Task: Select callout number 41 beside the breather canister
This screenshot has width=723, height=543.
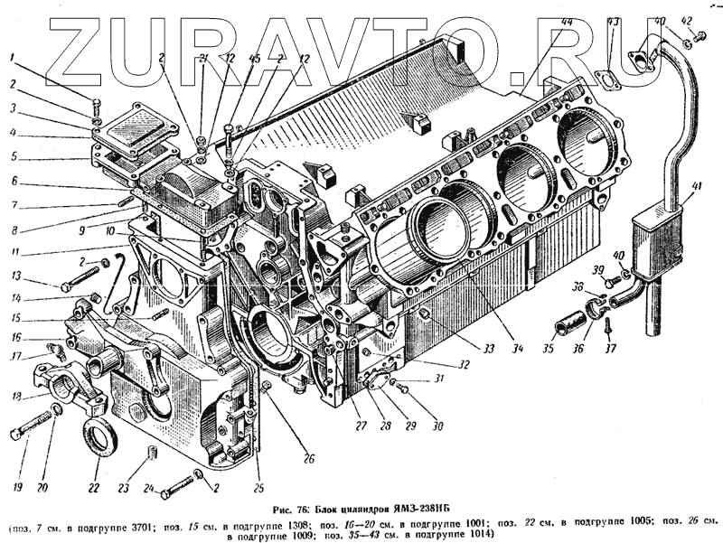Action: pyautogui.click(x=694, y=187)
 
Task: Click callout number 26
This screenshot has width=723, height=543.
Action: pyautogui.click(x=308, y=459)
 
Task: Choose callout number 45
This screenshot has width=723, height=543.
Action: pyautogui.click(x=230, y=59)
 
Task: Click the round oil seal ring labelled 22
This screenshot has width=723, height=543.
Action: pyautogui.click(x=99, y=437)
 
